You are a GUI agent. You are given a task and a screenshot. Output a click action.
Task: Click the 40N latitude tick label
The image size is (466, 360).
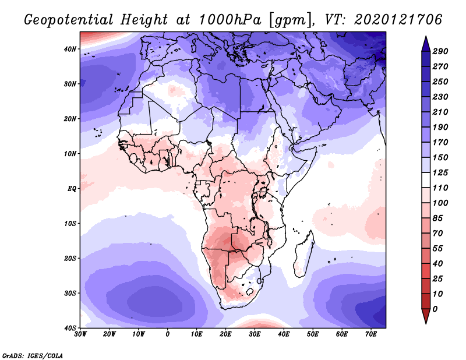(x=70, y=49)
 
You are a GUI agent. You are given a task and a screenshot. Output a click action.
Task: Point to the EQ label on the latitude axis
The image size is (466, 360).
(x=72, y=189)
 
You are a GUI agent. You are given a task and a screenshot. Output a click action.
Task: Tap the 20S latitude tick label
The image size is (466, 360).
(x=70, y=258)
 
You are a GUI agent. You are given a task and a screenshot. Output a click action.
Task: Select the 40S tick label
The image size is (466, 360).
(x=70, y=328)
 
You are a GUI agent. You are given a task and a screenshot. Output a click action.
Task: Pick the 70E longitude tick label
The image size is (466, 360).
(x=371, y=335)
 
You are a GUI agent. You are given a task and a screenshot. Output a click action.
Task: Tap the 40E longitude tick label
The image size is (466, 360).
(x=284, y=335)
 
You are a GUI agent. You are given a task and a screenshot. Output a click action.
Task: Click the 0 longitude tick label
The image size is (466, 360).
(x=168, y=335)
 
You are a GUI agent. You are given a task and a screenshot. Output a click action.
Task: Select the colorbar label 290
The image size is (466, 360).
(x=440, y=52)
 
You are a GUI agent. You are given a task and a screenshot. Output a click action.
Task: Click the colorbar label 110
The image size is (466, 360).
(x=440, y=189)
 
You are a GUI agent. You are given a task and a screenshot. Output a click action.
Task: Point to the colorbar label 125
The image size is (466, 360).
(x=440, y=173)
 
